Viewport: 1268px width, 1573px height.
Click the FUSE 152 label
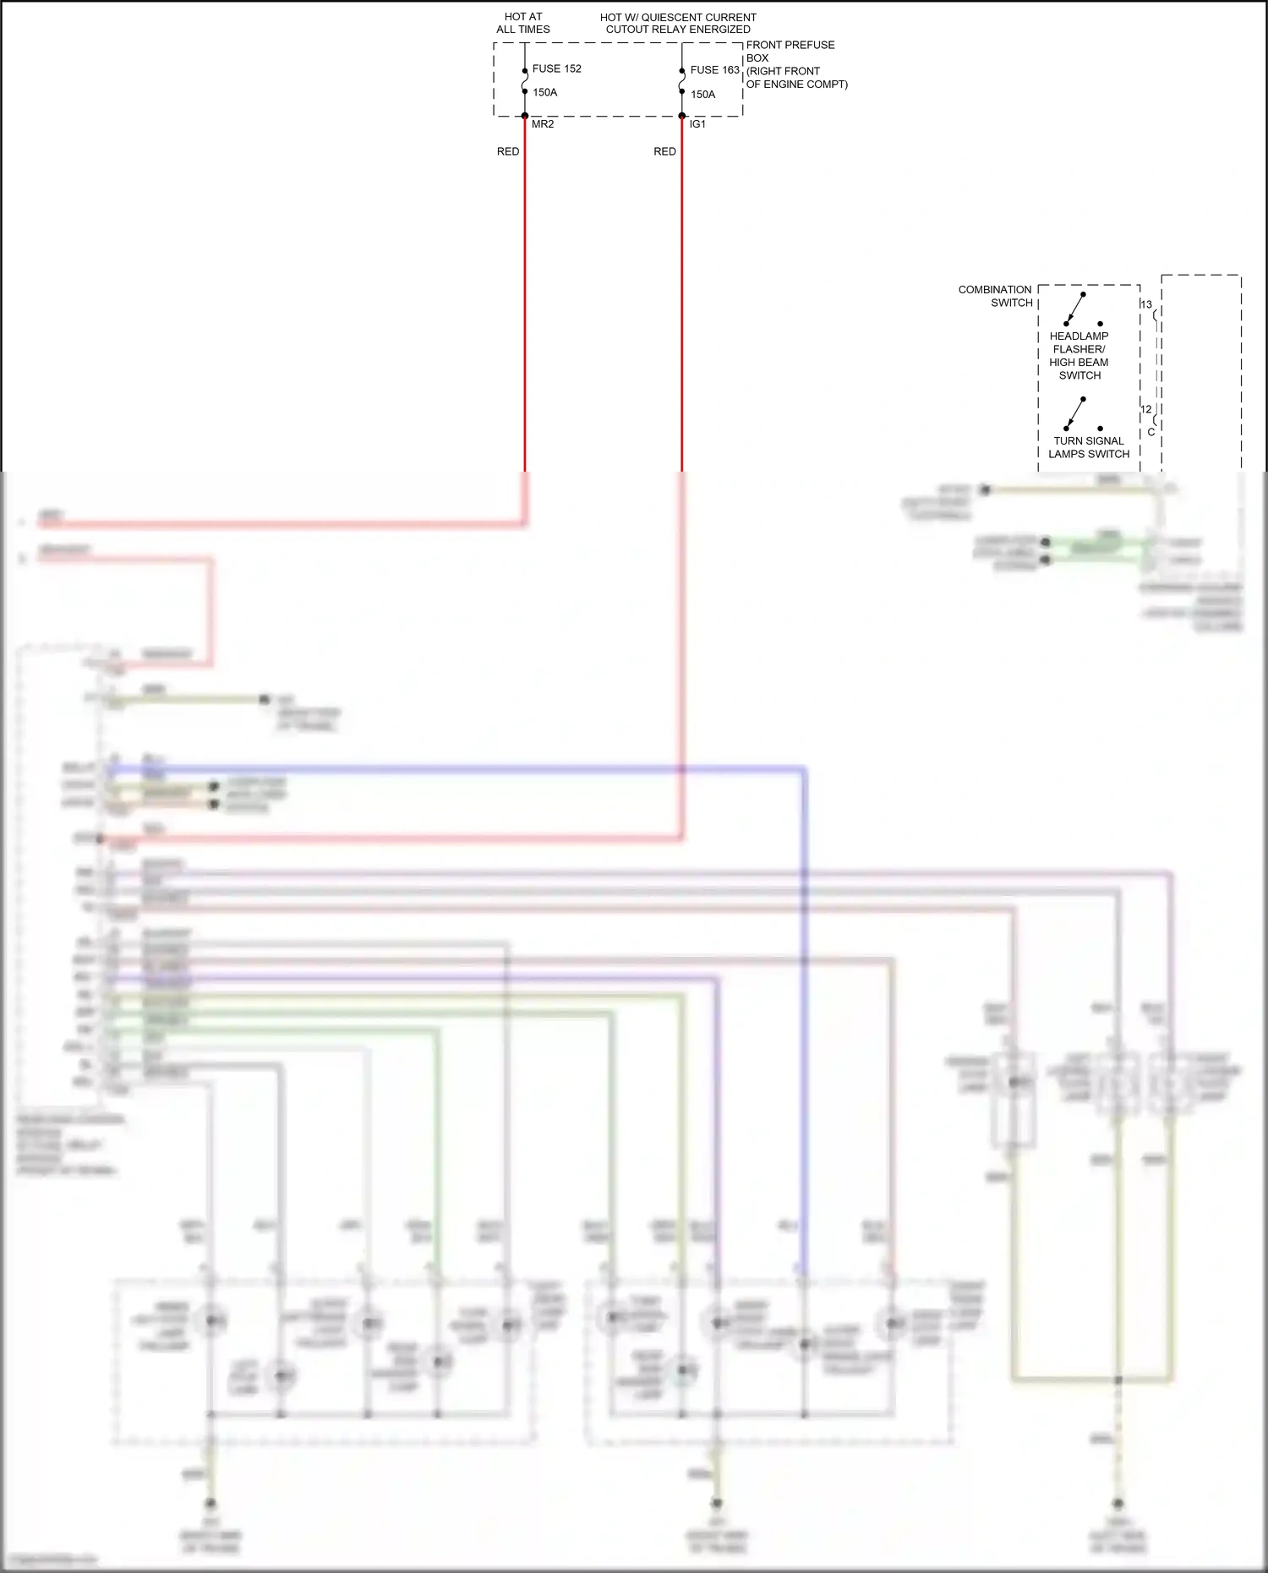[x=556, y=68]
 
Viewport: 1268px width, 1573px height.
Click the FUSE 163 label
[x=714, y=70]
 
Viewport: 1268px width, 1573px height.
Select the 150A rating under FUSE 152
[x=544, y=92]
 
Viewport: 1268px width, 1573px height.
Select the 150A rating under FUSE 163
[x=702, y=95]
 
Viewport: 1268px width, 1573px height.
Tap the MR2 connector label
[x=543, y=124]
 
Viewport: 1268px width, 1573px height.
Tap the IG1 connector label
[x=697, y=124]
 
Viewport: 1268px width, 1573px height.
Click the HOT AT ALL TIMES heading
[x=522, y=23]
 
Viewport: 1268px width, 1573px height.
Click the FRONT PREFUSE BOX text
[x=790, y=51]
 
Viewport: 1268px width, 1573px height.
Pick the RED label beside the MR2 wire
[x=508, y=151]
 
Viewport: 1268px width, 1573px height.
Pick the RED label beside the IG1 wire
[x=664, y=151]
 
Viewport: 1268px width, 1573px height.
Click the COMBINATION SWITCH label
[x=995, y=296]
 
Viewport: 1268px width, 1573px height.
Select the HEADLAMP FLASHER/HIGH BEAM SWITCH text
[x=1079, y=355]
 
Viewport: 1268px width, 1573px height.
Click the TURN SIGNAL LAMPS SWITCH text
[x=1089, y=447]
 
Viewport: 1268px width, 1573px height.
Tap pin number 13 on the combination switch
[x=1146, y=304]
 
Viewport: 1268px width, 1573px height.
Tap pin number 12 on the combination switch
[x=1146, y=409]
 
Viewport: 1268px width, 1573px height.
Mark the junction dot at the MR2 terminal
[x=524, y=116]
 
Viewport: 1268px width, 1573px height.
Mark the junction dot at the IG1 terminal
[x=682, y=116]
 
